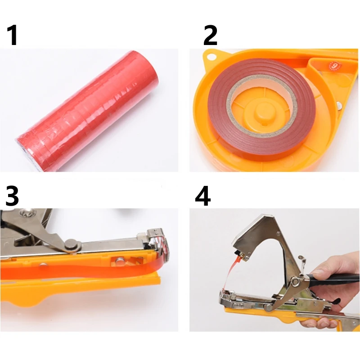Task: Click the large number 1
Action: click(13, 35)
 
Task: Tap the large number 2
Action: click(210, 35)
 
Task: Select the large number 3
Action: click(12, 196)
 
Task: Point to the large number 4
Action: click(203, 196)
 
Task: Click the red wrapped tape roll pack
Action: click(87, 110)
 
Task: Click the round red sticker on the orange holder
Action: click(335, 66)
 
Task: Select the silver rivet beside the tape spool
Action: click(340, 106)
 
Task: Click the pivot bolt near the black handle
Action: click(296, 282)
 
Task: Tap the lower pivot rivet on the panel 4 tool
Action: click(269, 308)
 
